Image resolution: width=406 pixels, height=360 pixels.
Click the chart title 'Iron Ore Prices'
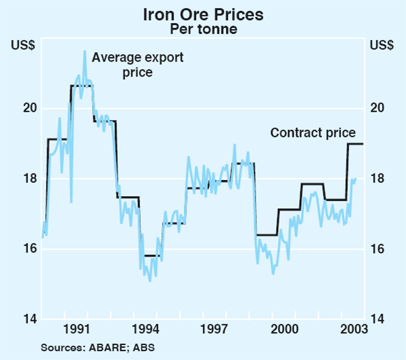[203, 14]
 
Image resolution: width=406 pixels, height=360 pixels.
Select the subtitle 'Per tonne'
[203, 29]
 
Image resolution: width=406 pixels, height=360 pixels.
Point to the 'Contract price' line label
[313, 133]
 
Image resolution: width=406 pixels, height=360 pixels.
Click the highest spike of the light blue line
[85, 51]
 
